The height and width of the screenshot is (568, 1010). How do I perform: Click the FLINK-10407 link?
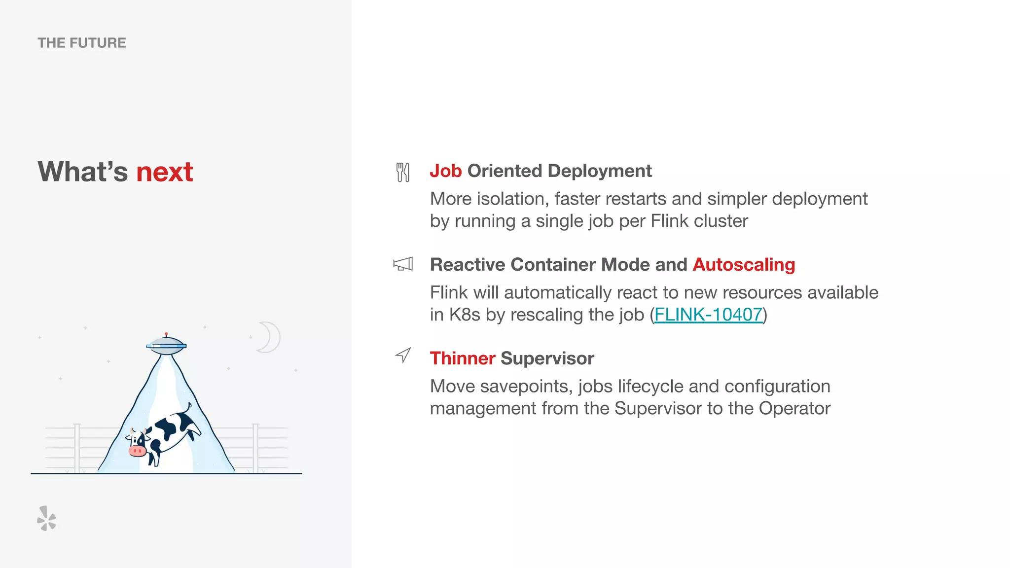point(708,315)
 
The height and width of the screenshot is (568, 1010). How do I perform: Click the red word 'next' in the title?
point(164,172)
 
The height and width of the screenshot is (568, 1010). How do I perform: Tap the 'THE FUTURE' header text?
point(82,43)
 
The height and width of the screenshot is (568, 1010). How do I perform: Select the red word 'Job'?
point(445,171)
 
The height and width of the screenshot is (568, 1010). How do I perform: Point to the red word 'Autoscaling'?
point(744,265)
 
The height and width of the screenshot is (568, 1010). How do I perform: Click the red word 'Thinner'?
point(462,358)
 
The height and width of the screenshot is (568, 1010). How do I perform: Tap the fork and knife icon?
point(403,172)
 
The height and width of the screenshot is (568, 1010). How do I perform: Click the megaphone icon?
point(403,264)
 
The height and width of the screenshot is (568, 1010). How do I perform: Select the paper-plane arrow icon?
point(403,355)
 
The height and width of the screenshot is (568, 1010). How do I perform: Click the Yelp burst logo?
point(47,519)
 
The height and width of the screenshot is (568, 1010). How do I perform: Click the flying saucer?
point(166,345)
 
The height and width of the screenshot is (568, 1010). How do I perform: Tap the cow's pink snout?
point(137,451)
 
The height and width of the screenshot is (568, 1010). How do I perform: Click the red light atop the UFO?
point(166,334)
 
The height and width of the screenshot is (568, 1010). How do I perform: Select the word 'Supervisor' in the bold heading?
point(547,358)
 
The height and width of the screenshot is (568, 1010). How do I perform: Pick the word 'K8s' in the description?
point(464,315)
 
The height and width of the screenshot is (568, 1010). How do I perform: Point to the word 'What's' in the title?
point(83,172)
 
